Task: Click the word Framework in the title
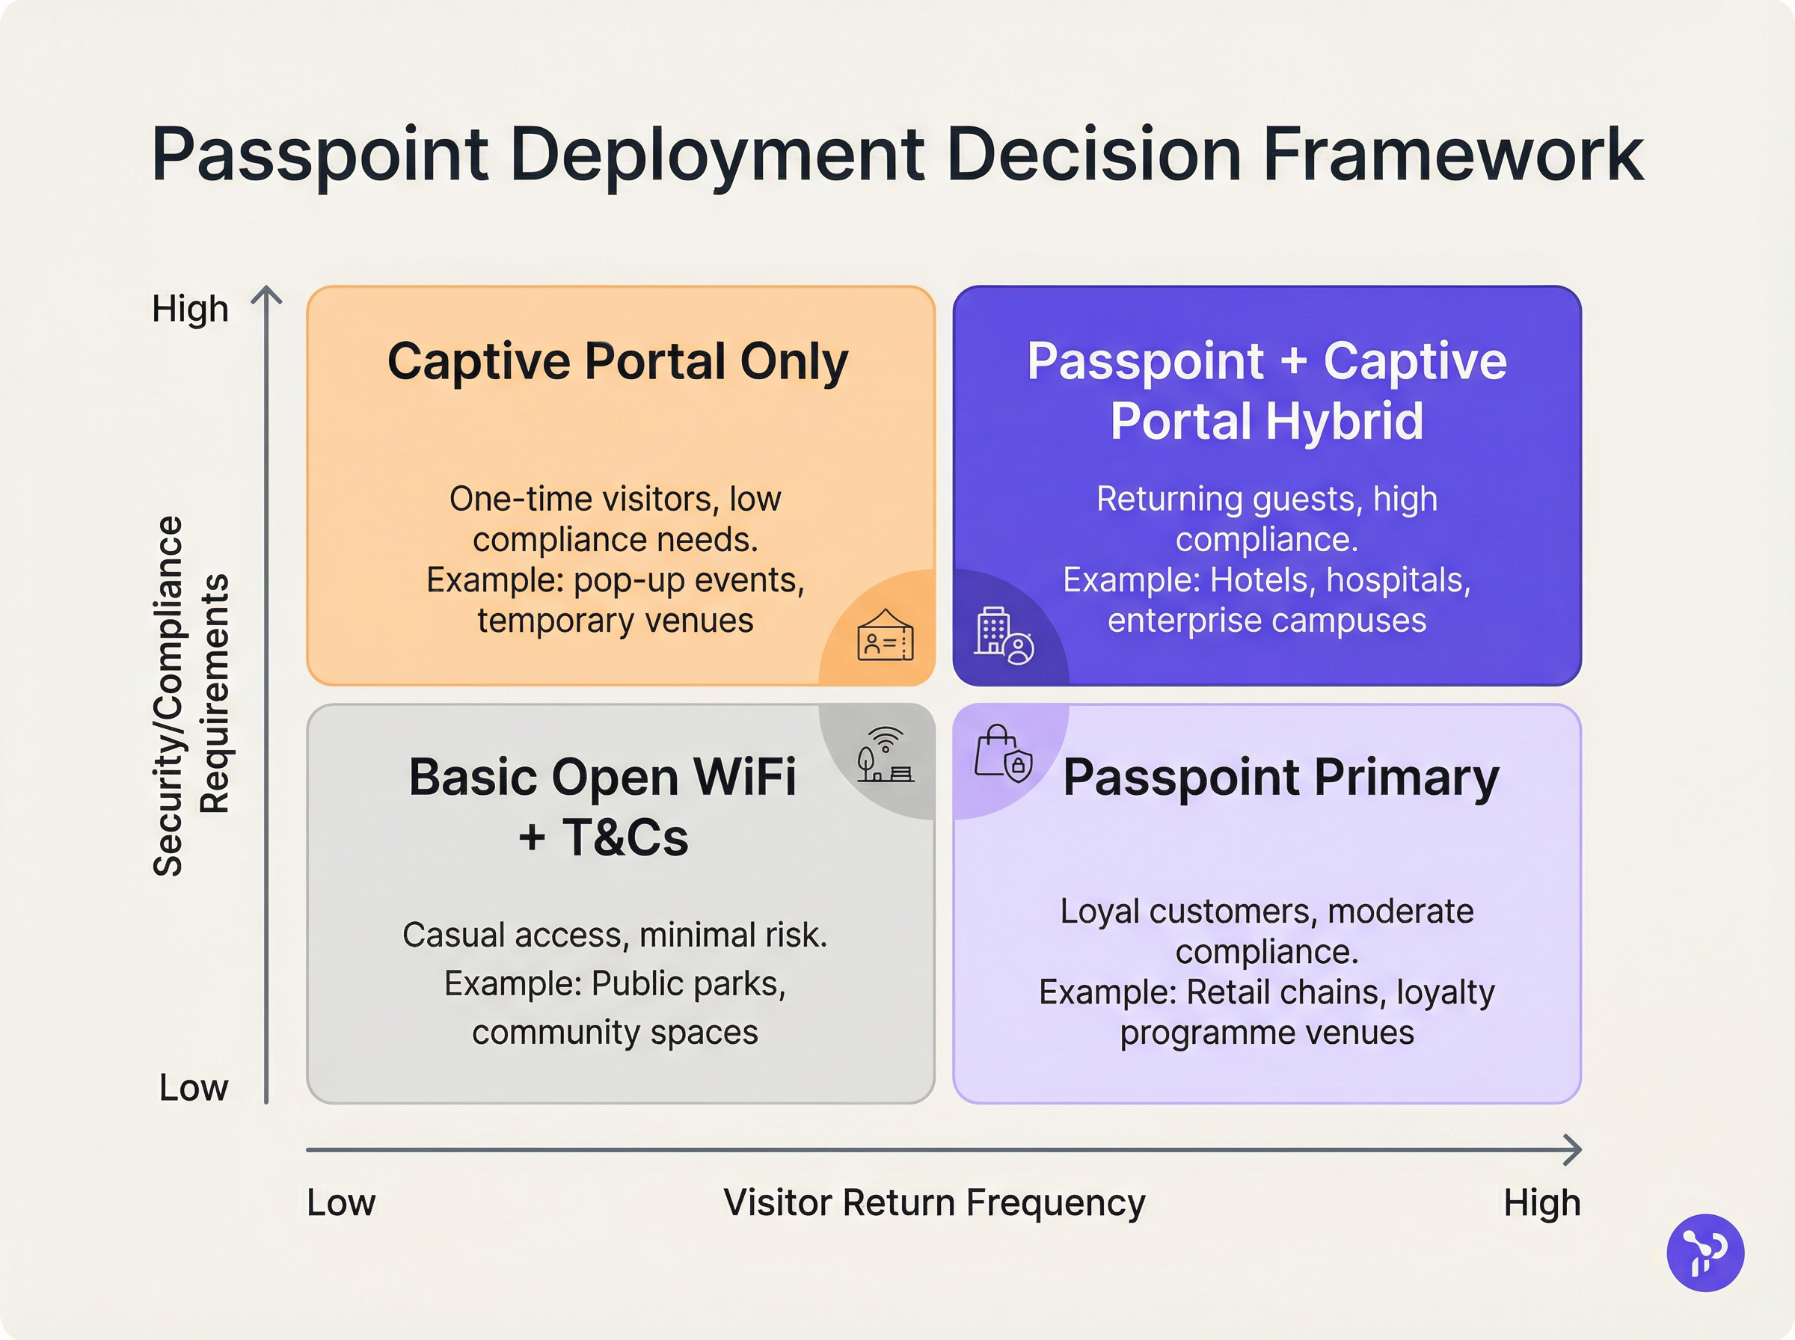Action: [x=1452, y=154]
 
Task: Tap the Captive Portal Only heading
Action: [x=617, y=361]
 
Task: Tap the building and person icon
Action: [x=1004, y=637]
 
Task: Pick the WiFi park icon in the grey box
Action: [x=884, y=755]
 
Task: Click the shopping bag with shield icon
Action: [x=1002, y=754]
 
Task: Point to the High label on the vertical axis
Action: [x=190, y=309]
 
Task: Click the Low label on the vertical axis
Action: [x=193, y=1088]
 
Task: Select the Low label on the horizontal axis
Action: [x=340, y=1203]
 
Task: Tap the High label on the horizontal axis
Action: [x=1541, y=1203]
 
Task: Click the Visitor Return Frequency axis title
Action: [x=933, y=1203]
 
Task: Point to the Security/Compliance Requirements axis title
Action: [x=191, y=696]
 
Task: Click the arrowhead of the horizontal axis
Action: [x=1574, y=1149]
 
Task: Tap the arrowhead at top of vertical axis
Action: [x=266, y=294]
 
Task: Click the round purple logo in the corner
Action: [x=1705, y=1253]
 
